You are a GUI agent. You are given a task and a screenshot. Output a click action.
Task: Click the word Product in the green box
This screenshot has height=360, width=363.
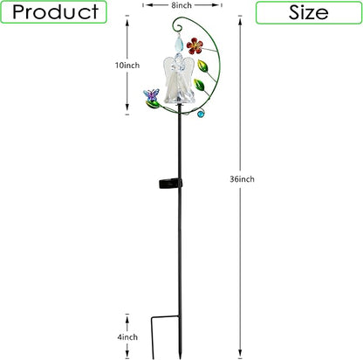[x=55, y=12]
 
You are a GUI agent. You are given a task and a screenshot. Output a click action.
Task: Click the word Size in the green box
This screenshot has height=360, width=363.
[x=309, y=12]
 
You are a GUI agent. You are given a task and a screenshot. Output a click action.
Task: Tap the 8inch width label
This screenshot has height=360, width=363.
[x=181, y=5]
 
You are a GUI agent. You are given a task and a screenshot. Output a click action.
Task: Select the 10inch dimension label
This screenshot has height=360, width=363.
[x=127, y=66]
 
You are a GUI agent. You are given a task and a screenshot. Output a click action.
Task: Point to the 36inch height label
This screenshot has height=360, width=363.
[x=242, y=179]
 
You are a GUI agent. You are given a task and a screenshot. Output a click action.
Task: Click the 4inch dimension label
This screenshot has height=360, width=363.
[x=127, y=337]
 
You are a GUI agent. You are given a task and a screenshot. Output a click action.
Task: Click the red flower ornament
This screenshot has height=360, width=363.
[x=195, y=46]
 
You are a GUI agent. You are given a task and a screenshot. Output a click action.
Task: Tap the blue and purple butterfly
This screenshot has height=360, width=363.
[x=151, y=94]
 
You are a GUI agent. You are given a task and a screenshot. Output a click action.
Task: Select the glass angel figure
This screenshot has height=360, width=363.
[x=179, y=79]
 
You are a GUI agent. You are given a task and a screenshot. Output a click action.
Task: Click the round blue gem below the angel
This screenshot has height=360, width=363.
[x=201, y=114]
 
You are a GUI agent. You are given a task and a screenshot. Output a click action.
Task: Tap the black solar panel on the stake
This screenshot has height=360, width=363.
[x=170, y=183]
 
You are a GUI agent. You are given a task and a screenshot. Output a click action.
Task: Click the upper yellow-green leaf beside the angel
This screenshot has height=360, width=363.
[x=202, y=66]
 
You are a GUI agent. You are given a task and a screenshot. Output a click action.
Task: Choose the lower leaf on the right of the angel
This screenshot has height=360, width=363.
[x=199, y=85]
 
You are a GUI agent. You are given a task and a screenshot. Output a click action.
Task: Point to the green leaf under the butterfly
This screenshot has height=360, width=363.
[x=153, y=104]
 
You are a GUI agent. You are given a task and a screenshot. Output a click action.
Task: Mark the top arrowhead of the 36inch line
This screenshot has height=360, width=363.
[x=240, y=20]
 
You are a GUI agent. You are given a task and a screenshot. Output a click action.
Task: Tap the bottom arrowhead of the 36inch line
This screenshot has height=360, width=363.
[x=240, y=352]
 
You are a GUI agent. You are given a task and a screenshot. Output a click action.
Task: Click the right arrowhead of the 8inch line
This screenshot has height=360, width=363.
[x=216, y=5]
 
